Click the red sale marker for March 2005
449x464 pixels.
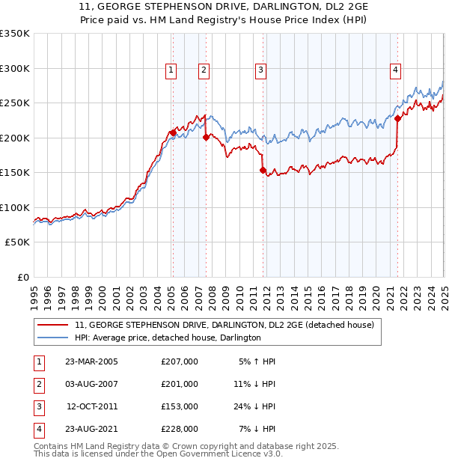173,133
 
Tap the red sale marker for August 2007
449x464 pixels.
205,137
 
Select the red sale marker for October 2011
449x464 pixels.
263,171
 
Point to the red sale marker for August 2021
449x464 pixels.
397,118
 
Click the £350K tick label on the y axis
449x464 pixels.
15,34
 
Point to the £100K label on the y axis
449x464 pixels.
15,207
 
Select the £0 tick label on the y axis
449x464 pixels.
22,277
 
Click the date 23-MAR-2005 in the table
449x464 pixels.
91,361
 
